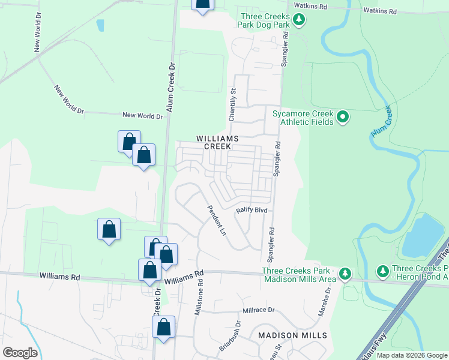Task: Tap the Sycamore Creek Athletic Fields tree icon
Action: pos(342,116)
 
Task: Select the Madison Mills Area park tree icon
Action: pos(345,274)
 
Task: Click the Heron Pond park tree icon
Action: pos(383,272)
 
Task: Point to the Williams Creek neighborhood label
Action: pos(217,142)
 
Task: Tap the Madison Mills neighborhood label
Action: pos(292,335)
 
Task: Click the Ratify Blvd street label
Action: pos(251,211)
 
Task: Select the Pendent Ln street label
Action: pos(216,220)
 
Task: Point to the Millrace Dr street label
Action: pos(258,310)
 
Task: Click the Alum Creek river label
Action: pos(381,121)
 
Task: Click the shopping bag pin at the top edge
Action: pos(203,4)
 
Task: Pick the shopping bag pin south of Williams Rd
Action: pos(164,328)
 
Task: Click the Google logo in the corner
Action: pos(20,353)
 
